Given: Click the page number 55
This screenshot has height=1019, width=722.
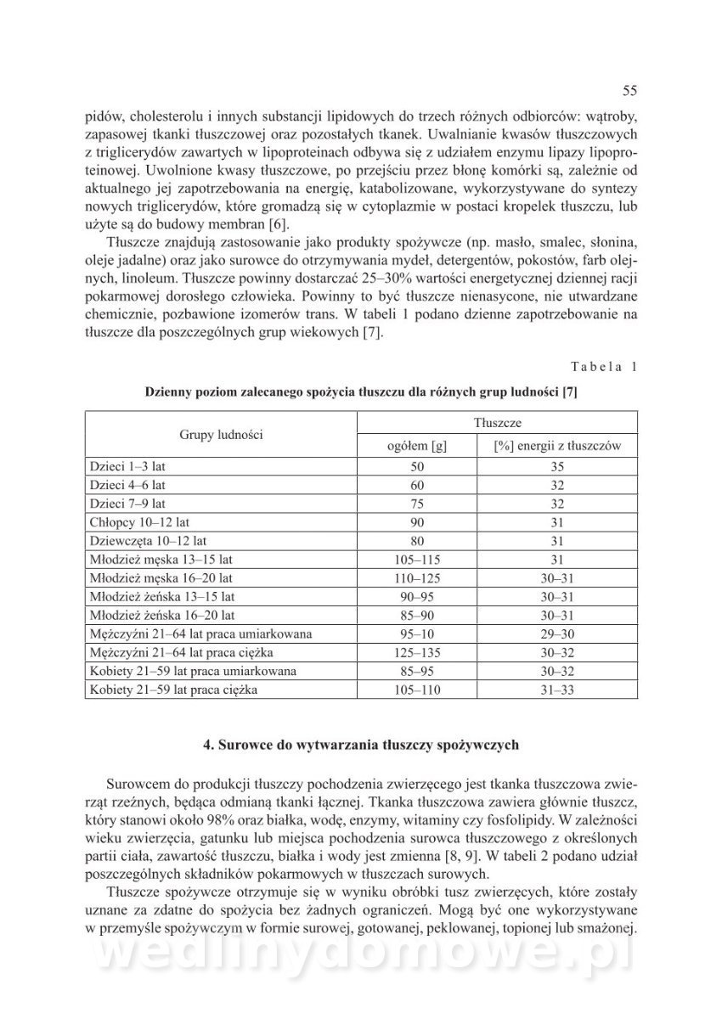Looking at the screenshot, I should [629, 91].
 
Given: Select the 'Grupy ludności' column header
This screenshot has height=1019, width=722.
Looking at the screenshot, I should [221, 434].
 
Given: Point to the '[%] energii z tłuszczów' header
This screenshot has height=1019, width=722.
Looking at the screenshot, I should [558, 446].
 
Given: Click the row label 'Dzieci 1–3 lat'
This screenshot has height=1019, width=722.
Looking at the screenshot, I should [126, 467].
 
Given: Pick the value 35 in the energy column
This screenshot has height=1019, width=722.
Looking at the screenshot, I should [558, 467].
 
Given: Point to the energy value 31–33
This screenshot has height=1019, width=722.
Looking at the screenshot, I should [558, 690].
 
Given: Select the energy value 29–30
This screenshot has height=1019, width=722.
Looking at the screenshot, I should [558, 634].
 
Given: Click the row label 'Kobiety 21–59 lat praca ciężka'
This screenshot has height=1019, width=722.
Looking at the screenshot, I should [172, 690].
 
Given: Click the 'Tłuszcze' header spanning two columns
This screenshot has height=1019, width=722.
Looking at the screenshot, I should [497, 422].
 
